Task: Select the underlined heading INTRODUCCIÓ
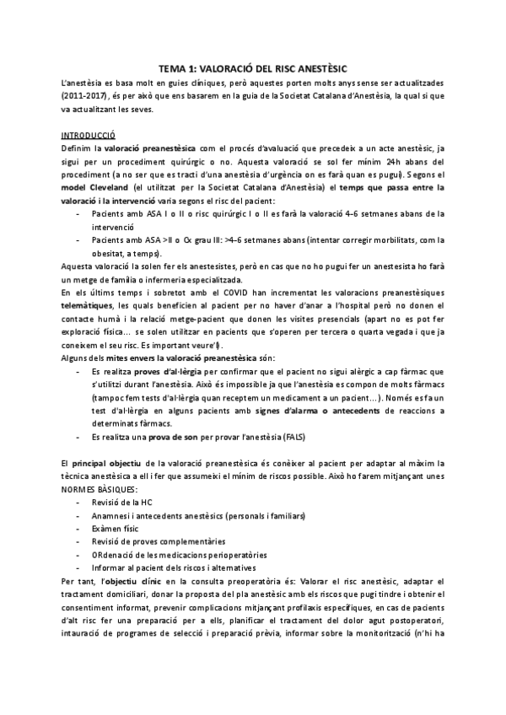89,134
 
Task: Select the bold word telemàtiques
89,304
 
